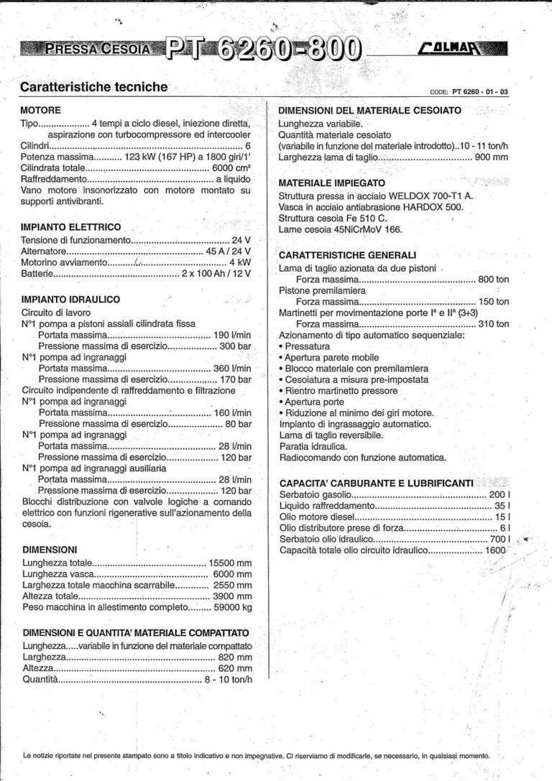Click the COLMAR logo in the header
tap(462, 50)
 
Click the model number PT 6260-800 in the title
tap(264, 48)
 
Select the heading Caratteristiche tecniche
tap(94, 87)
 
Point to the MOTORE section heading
tap(41, 110)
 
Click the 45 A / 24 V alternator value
tap(229, 251)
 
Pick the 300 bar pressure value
tap(235, 346)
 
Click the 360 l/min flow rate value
tap(232, 368)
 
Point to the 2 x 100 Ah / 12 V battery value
tap(216, 274)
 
